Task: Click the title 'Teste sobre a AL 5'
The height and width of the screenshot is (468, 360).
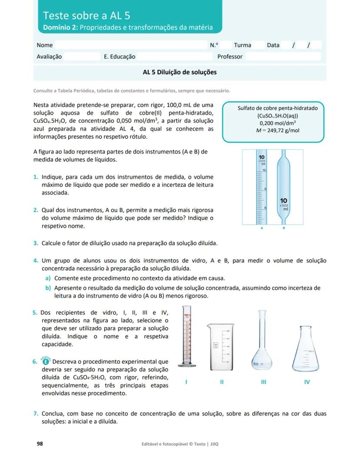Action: coord(86,16)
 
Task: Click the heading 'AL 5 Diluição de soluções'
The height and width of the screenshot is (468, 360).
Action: coord(180,72)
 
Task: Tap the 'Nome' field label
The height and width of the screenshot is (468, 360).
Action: coord(45,45)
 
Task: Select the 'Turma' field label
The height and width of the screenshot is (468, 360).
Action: coord(242,45)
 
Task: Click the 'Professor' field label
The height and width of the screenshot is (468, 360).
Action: coord(230,56)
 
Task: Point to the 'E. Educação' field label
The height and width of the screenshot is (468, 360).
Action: coord(120,56)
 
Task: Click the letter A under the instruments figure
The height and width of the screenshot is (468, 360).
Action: coord(262,228)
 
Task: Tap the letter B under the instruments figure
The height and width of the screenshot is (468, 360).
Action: coord(284,228)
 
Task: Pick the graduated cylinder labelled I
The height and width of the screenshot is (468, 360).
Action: coord(187,339)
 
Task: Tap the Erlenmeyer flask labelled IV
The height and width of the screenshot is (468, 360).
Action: coord(307,348)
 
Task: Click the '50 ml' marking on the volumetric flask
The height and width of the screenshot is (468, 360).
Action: coord(257,363)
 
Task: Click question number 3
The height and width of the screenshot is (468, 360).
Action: coord(36,243)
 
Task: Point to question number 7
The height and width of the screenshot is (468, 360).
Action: coord(36,414)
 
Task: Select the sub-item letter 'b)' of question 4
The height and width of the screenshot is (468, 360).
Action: coord(48,288)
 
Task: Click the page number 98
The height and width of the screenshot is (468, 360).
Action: coord(40,444)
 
